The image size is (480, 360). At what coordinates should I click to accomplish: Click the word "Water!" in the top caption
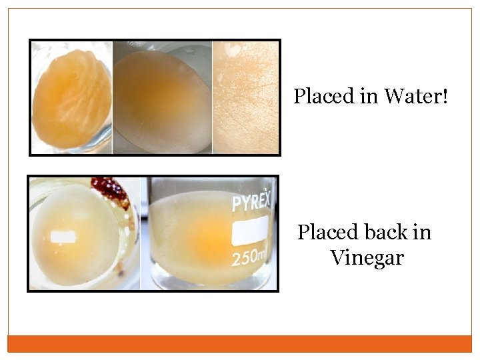(416, 97)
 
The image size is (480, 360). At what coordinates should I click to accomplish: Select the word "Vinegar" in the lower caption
(367, 257)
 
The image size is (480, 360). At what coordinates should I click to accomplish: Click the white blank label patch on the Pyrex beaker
(251, 231)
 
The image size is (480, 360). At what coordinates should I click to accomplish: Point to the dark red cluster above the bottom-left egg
(111, 189)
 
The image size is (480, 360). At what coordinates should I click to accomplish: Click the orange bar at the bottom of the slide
(240, 343)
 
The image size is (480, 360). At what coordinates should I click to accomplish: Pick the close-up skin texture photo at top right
(245, 97)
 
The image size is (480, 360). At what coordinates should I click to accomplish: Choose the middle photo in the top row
(162, 97)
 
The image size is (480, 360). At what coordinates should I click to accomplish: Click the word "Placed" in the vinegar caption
(327, 233)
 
